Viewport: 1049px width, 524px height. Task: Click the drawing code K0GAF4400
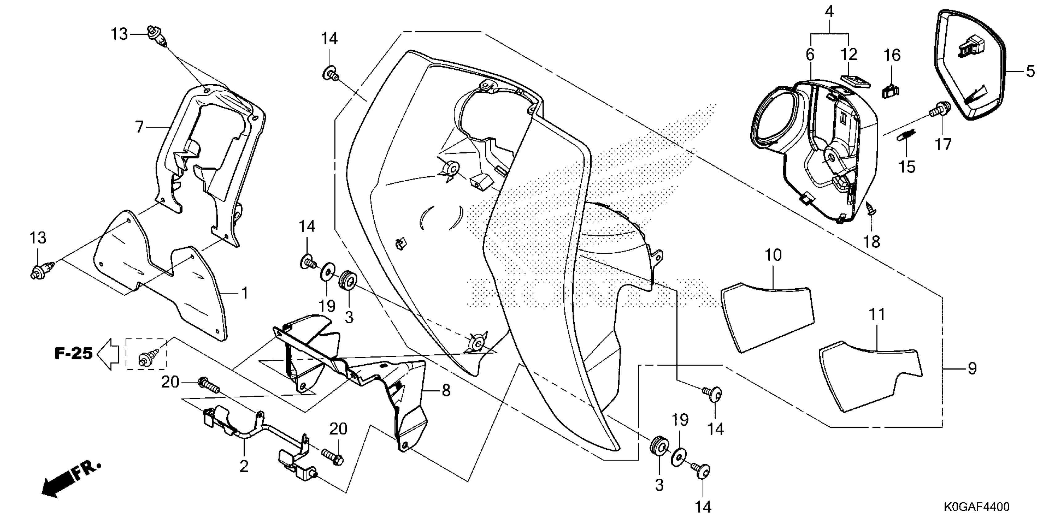[976, 507]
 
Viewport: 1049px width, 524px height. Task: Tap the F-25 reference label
[74, 353]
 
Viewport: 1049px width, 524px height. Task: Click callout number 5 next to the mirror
[1030, 72]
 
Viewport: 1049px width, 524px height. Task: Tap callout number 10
[773, 256]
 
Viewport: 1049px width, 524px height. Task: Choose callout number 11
[877, 314]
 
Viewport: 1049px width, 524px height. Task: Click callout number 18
[872, 242]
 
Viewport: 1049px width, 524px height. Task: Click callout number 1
[245, 293]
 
